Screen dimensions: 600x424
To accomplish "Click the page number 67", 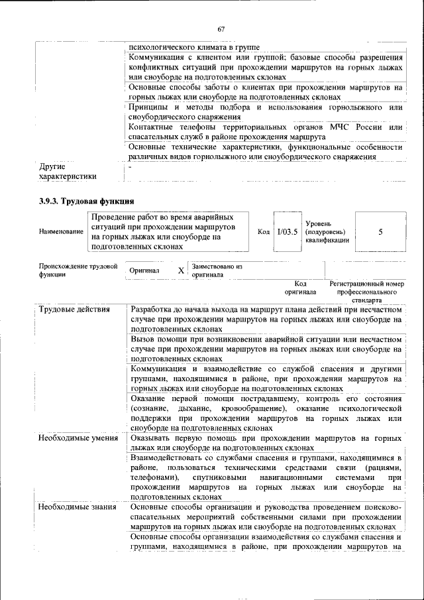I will (221, 29).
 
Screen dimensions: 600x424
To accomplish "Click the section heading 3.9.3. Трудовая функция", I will (86, 200).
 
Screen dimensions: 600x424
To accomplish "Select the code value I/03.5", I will (288, 232).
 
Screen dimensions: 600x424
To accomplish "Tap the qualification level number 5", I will (380, 232).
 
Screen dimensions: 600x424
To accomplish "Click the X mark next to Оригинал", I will (181, 270).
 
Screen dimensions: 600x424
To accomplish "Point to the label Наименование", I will (62, 231).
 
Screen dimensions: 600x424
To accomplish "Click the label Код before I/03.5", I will (263, 232).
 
